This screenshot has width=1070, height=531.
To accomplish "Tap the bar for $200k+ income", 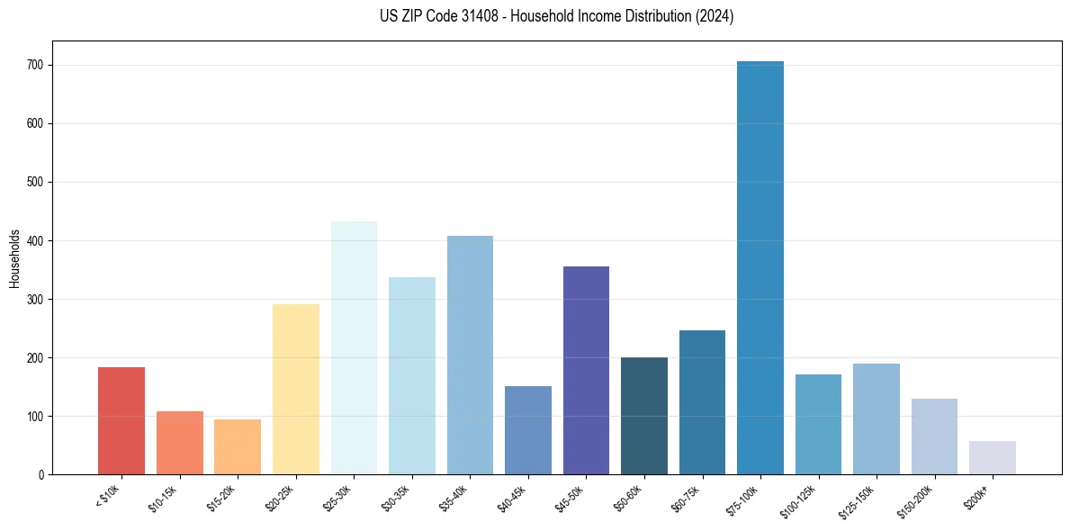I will tap(993, 458).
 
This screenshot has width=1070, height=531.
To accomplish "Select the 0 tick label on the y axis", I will tap(41, 475).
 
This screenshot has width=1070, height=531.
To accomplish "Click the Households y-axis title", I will tap(14, 258).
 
